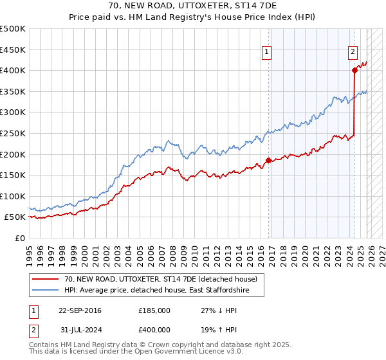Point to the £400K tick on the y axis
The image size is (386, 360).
(14, 70)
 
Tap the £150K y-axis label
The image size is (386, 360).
(14, 175)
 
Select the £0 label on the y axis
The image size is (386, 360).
(20, 238)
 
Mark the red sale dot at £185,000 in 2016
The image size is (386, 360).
(268, 160)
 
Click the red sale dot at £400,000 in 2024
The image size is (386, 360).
(354, 71)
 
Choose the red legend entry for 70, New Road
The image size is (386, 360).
(161, 278)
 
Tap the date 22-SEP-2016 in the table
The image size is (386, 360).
(80, 310)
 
